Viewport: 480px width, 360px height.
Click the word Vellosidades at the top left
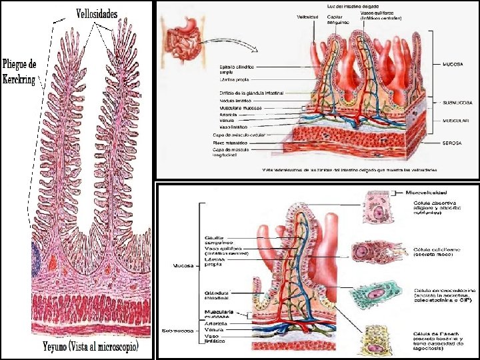[97, 13]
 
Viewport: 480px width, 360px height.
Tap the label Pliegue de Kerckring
[20, 69]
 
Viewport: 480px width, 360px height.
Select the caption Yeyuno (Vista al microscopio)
[91, 347]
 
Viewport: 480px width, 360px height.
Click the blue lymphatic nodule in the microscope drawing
[35, 255]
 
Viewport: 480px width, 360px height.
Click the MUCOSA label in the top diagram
[453, 65]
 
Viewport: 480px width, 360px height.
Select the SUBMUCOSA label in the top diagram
[457, 103]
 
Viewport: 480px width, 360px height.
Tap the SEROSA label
[453, 143]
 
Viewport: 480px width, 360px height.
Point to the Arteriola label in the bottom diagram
[216, 323]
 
